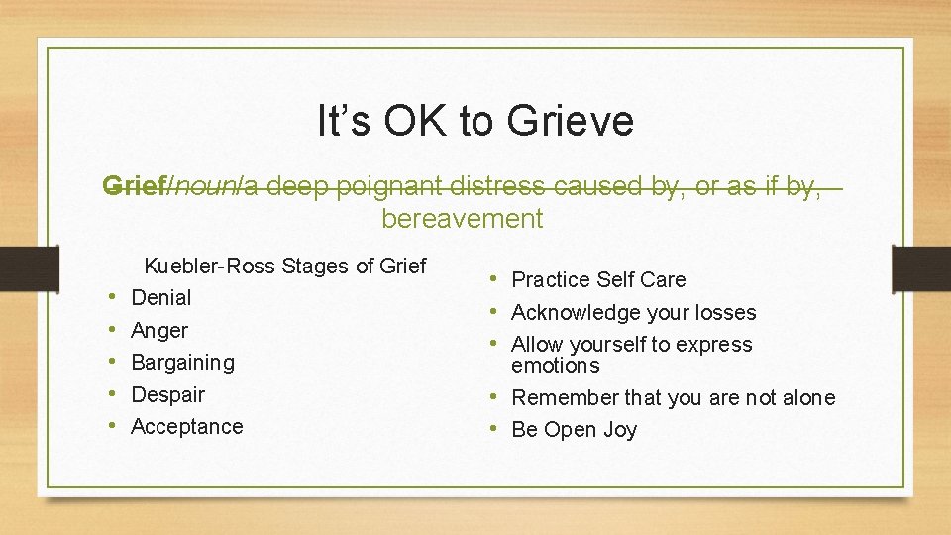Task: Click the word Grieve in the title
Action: coord(570,122)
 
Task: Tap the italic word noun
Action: coord(204,186)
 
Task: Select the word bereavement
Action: coord(463,218)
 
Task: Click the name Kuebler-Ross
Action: coord(210,266)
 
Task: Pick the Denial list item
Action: coord(161,297)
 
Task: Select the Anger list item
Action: coord(159,330)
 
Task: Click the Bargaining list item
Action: coord(183,362)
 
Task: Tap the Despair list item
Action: coord(168,394)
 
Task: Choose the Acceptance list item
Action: coord(187,426)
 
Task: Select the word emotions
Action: coord(556,366)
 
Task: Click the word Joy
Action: coord(617,430)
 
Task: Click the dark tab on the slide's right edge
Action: coord(921,267)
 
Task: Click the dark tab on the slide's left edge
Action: coord(29,267)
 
